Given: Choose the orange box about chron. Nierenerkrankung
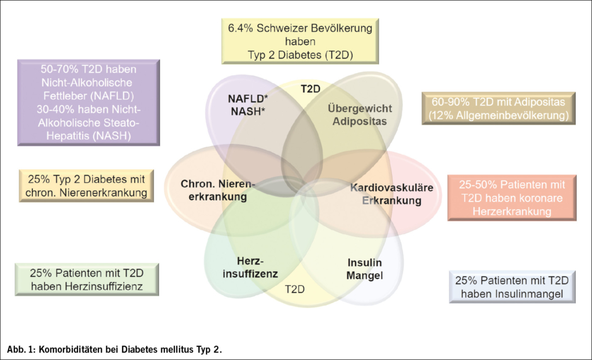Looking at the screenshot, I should pyautogui.click(x=86, y=185).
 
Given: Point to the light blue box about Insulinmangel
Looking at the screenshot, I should pyautogui.click(x=512, y=287).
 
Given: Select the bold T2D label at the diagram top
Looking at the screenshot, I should pyautogui.click(x=310, y=88).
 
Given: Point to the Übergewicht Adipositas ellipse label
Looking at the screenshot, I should pyautogui.click(x=359, y=114).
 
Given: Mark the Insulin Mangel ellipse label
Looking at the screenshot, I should pyautogui.click(x=365, y=268).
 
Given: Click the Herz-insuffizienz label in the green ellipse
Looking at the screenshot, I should pyautogui.click(x=250, y=266).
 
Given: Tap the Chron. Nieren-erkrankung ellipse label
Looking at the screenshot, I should pyautogui.click(x=218, y=190).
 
